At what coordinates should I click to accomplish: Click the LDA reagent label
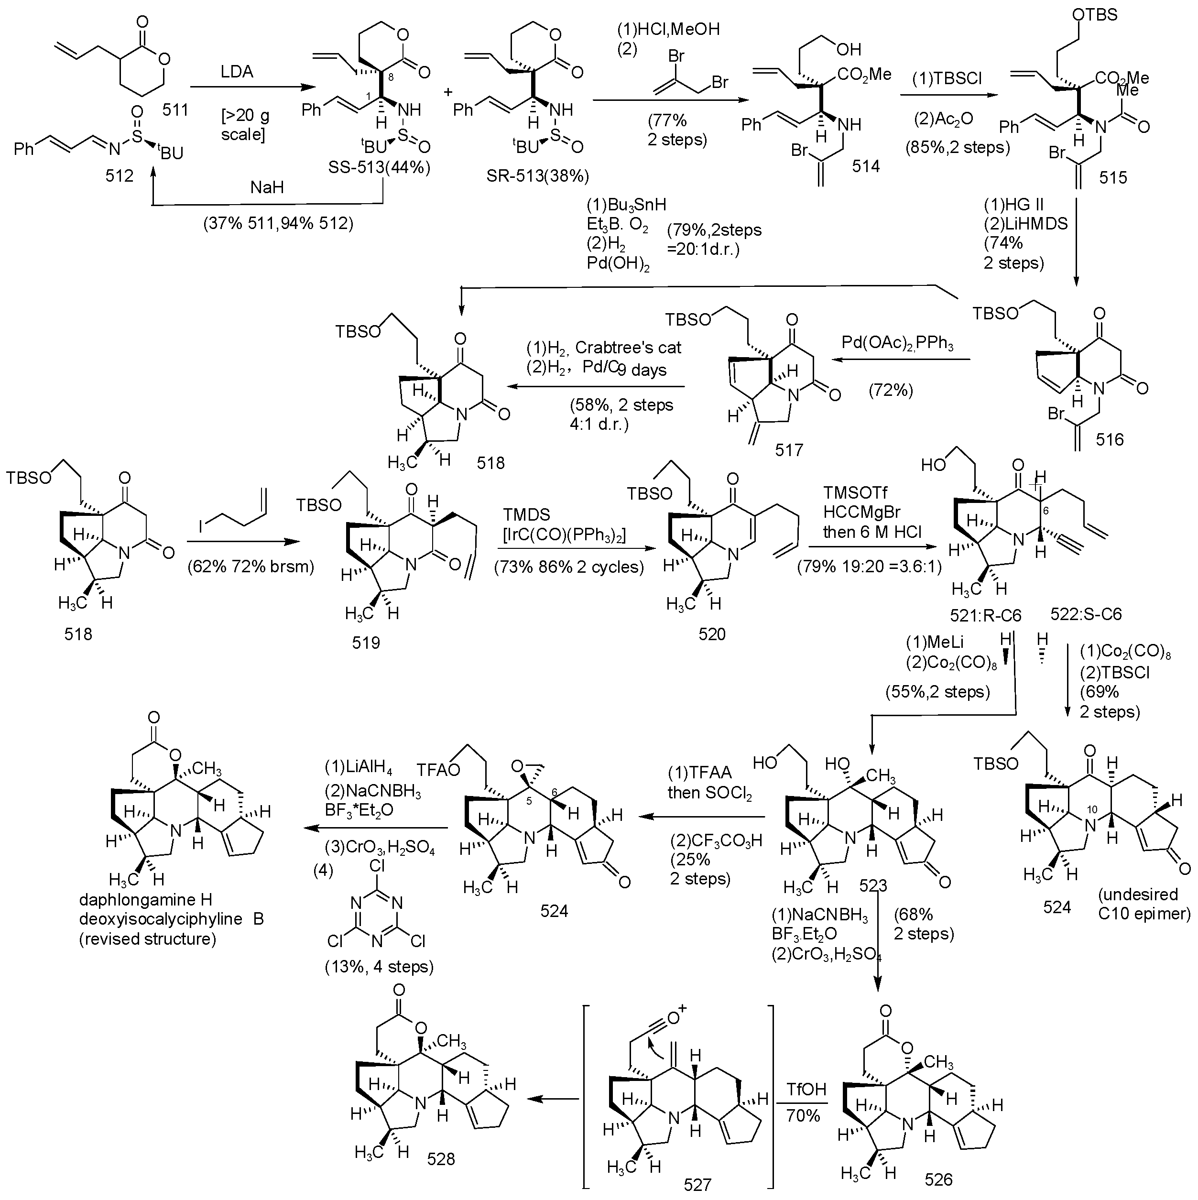click(x=237, y=72)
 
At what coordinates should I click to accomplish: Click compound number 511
click(x=175, y=110)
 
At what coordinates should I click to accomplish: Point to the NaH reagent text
click(x=267, y=187)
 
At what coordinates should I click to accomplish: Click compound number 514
click(x=866, y=166)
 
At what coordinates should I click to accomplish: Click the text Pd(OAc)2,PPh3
click(x=897, y=342)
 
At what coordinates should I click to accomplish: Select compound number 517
click(x=789, y=449)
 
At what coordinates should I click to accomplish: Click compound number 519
click(x=366, y=642)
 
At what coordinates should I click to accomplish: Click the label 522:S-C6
click(x=1086, y=615)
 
